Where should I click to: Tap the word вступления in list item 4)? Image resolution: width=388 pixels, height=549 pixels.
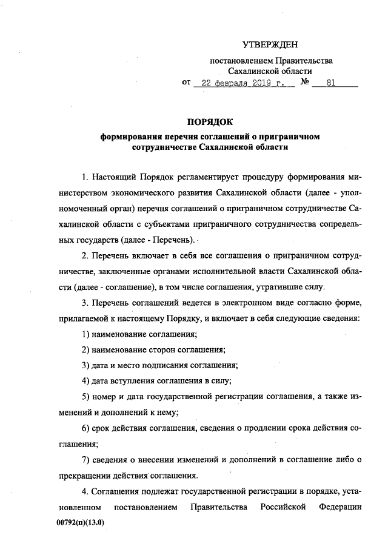pos(133,381)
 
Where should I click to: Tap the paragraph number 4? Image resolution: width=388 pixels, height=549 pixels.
pos(84,491)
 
